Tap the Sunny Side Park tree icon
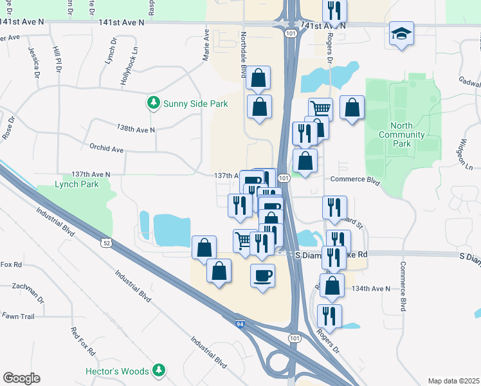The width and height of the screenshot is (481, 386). pos(153,103)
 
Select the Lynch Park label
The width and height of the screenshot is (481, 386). pos(77,184)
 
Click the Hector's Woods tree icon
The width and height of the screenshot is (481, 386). pos(158,371)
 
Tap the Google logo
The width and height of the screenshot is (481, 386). pos(21,378)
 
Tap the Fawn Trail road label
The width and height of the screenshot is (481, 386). pos(17,316)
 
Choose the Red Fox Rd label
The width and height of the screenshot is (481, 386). pos(83,342)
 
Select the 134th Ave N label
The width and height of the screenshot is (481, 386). pos(371,289)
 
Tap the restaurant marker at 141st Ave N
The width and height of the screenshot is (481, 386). pos(334,11)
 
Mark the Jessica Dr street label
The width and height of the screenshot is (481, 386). pos(33,61)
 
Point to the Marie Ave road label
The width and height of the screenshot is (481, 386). pos(206,45)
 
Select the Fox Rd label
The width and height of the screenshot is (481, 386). pos(12,264)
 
